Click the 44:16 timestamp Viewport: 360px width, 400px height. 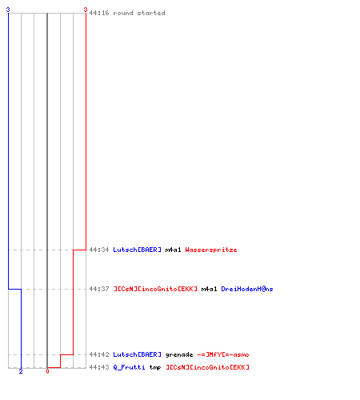point(99,13)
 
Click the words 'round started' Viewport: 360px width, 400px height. point(139,13)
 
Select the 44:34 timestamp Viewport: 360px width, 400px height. point(99,250)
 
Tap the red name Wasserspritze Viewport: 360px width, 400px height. point(211,250)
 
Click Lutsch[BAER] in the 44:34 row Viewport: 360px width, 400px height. point(137,250)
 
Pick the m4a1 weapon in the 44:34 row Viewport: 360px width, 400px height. point(173,250)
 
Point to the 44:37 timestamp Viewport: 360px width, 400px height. point(99,289)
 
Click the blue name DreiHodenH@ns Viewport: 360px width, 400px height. point(247,289)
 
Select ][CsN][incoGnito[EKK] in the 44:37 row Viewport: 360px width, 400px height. point(155,289)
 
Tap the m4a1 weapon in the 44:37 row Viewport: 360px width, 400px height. point(209,289)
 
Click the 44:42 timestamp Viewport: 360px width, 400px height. point(99,354)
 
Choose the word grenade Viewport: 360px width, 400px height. point(179,354)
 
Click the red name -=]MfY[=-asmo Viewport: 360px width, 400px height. point(223,354)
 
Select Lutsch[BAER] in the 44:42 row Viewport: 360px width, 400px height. point(137,354)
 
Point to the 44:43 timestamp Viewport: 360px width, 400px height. point(99,367)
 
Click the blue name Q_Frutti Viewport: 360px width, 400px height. point(129,367)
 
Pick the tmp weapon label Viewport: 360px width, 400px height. point(155,367)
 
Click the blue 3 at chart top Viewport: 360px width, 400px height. point(8,10)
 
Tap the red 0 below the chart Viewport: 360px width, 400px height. point(47,371)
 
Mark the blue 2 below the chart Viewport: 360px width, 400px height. point(21,371)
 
